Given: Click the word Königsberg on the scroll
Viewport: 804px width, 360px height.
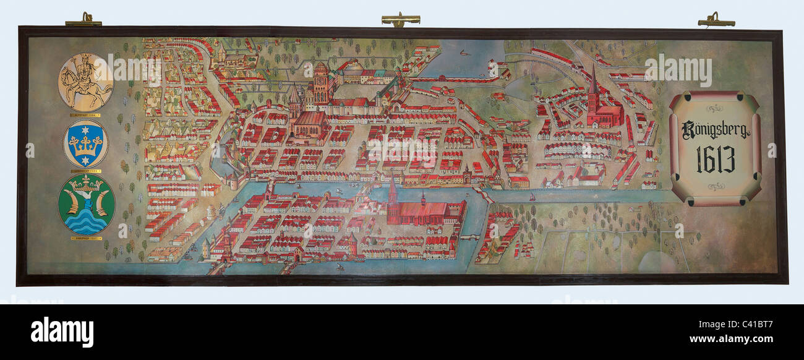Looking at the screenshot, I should tap(715, 129).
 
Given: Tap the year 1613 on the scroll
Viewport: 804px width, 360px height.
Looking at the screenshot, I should tap(716, 160).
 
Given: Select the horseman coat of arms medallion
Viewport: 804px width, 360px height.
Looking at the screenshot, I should tap(86, 82).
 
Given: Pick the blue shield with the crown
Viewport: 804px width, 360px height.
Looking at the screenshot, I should tap(86, 143).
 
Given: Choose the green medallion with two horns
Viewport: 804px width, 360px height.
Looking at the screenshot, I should tap(86, 204).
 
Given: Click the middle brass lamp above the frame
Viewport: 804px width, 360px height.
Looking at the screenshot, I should tap(401, 20).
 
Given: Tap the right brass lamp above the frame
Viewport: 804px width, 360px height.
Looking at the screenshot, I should tap(716, 21).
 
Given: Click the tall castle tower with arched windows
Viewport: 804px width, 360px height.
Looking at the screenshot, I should tap(320, 84).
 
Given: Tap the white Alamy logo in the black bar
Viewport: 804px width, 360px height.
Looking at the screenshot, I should tap(62, 332).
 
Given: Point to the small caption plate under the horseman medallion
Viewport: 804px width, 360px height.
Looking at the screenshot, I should tap(86, 115).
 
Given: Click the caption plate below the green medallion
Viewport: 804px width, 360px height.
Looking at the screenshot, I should tap(86, 238).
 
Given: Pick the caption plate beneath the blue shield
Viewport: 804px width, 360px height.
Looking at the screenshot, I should tap(86, 171).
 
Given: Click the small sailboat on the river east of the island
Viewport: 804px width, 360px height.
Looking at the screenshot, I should tap(532, 197).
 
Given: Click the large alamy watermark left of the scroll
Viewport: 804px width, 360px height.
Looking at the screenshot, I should tap(677, 70).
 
